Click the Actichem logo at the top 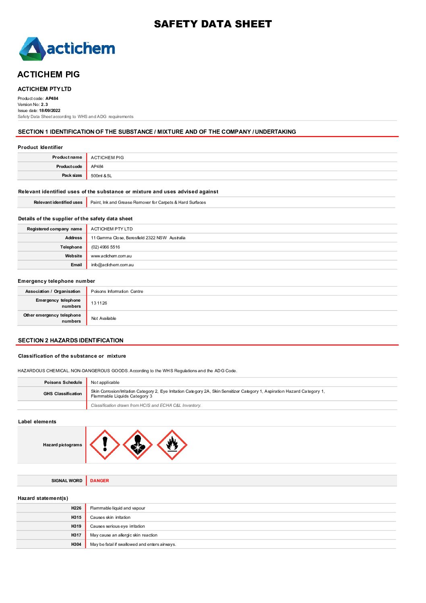(67, 49)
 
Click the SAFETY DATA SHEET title (213, 24)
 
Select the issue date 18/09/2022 (50, 111)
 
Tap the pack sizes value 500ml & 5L (101, 176)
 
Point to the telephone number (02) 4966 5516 (105, 247)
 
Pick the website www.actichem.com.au (111, 256)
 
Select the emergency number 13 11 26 (99, 303)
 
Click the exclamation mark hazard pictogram (105, 445)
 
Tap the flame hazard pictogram (172, 445)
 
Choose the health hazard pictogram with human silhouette (138, 445)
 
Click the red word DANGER (99, 481)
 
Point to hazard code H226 (76, 508)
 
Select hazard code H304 (76, 545)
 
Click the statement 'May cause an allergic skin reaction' (124, 535)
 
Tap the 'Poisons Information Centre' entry (117, 292)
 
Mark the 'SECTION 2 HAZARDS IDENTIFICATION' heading (71, 340)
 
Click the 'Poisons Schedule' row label (63, 383)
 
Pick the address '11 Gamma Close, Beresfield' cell (138, 238)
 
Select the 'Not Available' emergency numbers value (103, 319)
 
